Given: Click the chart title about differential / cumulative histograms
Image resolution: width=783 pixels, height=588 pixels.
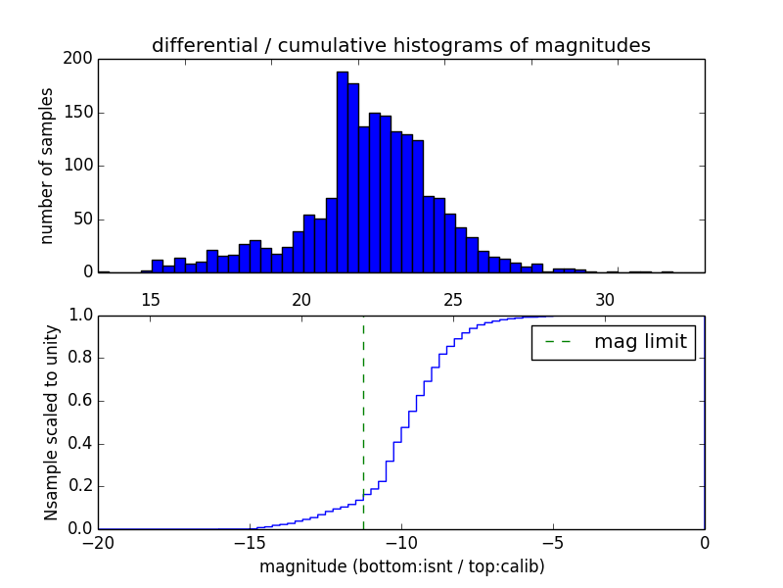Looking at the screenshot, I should coord(400,45).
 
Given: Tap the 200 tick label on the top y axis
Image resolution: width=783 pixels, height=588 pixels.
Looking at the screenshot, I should coord(81,59).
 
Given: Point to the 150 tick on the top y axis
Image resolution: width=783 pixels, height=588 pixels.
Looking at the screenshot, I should coord(81,113).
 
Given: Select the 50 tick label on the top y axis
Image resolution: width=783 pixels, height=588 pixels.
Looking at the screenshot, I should coord(85,220).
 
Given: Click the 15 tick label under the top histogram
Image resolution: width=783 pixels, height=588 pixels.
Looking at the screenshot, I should coord(151,300).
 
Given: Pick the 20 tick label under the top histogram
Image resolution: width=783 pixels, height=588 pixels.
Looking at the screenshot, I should coord(302,300).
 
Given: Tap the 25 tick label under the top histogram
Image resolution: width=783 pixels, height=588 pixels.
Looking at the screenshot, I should coord(454,300).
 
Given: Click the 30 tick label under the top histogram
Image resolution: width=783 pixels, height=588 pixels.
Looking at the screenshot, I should coord(606,300).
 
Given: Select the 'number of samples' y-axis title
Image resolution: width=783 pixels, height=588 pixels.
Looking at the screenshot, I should coord(47,166).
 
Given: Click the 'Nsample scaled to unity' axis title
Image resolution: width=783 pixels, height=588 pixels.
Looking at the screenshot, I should coord(51,422).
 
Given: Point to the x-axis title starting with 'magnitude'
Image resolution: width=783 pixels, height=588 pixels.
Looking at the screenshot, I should coord(401,566).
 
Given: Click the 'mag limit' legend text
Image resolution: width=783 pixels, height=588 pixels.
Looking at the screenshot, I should coord(640,343).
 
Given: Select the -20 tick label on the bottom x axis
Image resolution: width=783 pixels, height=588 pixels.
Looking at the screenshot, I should coord(98,545).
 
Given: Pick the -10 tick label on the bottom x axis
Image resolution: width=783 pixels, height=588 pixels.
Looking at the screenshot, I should coord(401,545).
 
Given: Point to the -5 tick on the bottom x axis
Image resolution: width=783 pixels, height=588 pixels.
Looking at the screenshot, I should coord(553,545).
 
